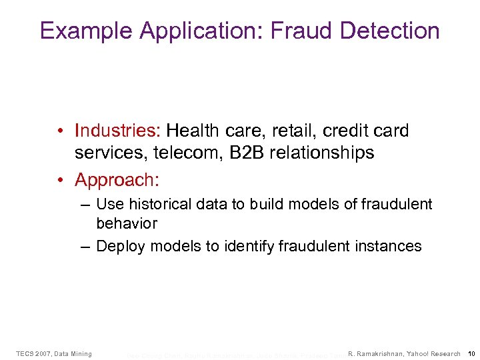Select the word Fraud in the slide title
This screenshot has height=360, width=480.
click(295, 31)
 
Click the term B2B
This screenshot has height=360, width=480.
click(244, 153)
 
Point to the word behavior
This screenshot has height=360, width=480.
click(127, 223)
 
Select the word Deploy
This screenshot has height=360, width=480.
click(120, 246)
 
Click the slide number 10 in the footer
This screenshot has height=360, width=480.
click(471, 353)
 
